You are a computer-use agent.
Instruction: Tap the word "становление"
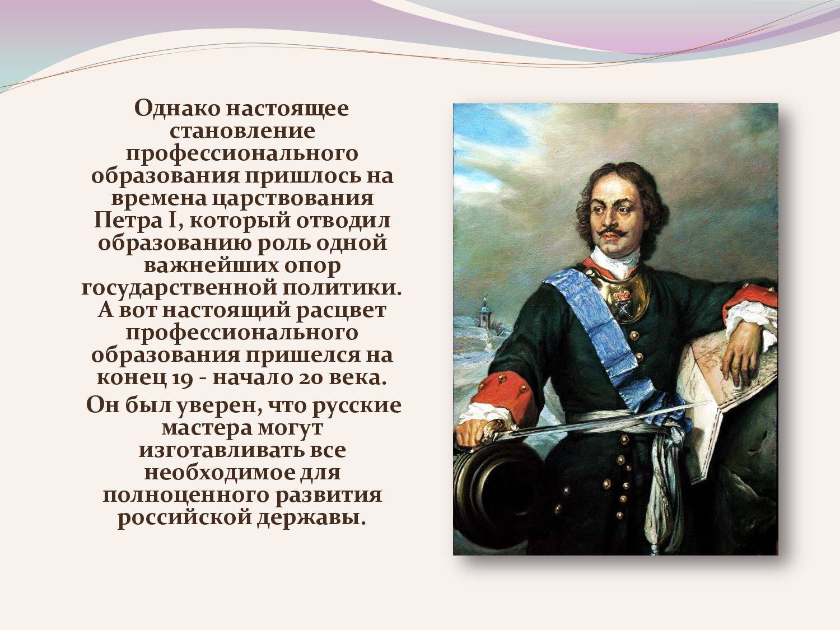(x=242, y=131)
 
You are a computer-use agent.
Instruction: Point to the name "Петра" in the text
(x=128, y=221)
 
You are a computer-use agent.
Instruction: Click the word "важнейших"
(x=211, y=265)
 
